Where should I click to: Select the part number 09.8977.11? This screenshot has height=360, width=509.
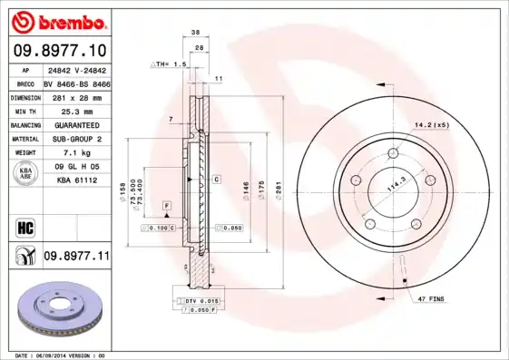[76, 258]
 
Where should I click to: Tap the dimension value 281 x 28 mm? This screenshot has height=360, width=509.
[76, 96]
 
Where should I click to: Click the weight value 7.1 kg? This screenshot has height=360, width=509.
[76, 153]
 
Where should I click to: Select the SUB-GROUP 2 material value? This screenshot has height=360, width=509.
[76, 139]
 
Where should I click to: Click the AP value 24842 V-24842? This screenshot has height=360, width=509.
[76, 69]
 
